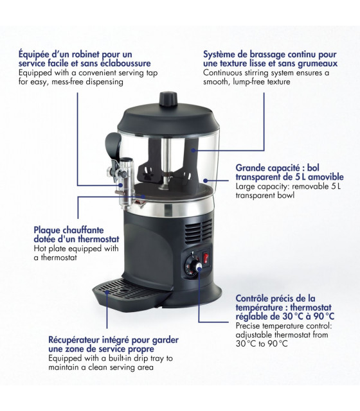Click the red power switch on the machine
tap(206, 258)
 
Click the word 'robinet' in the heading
tap(85, 54)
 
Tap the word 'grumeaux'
tap(317, 64)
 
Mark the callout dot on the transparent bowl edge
tap(206, 180)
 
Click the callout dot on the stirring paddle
tap(193, 150)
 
